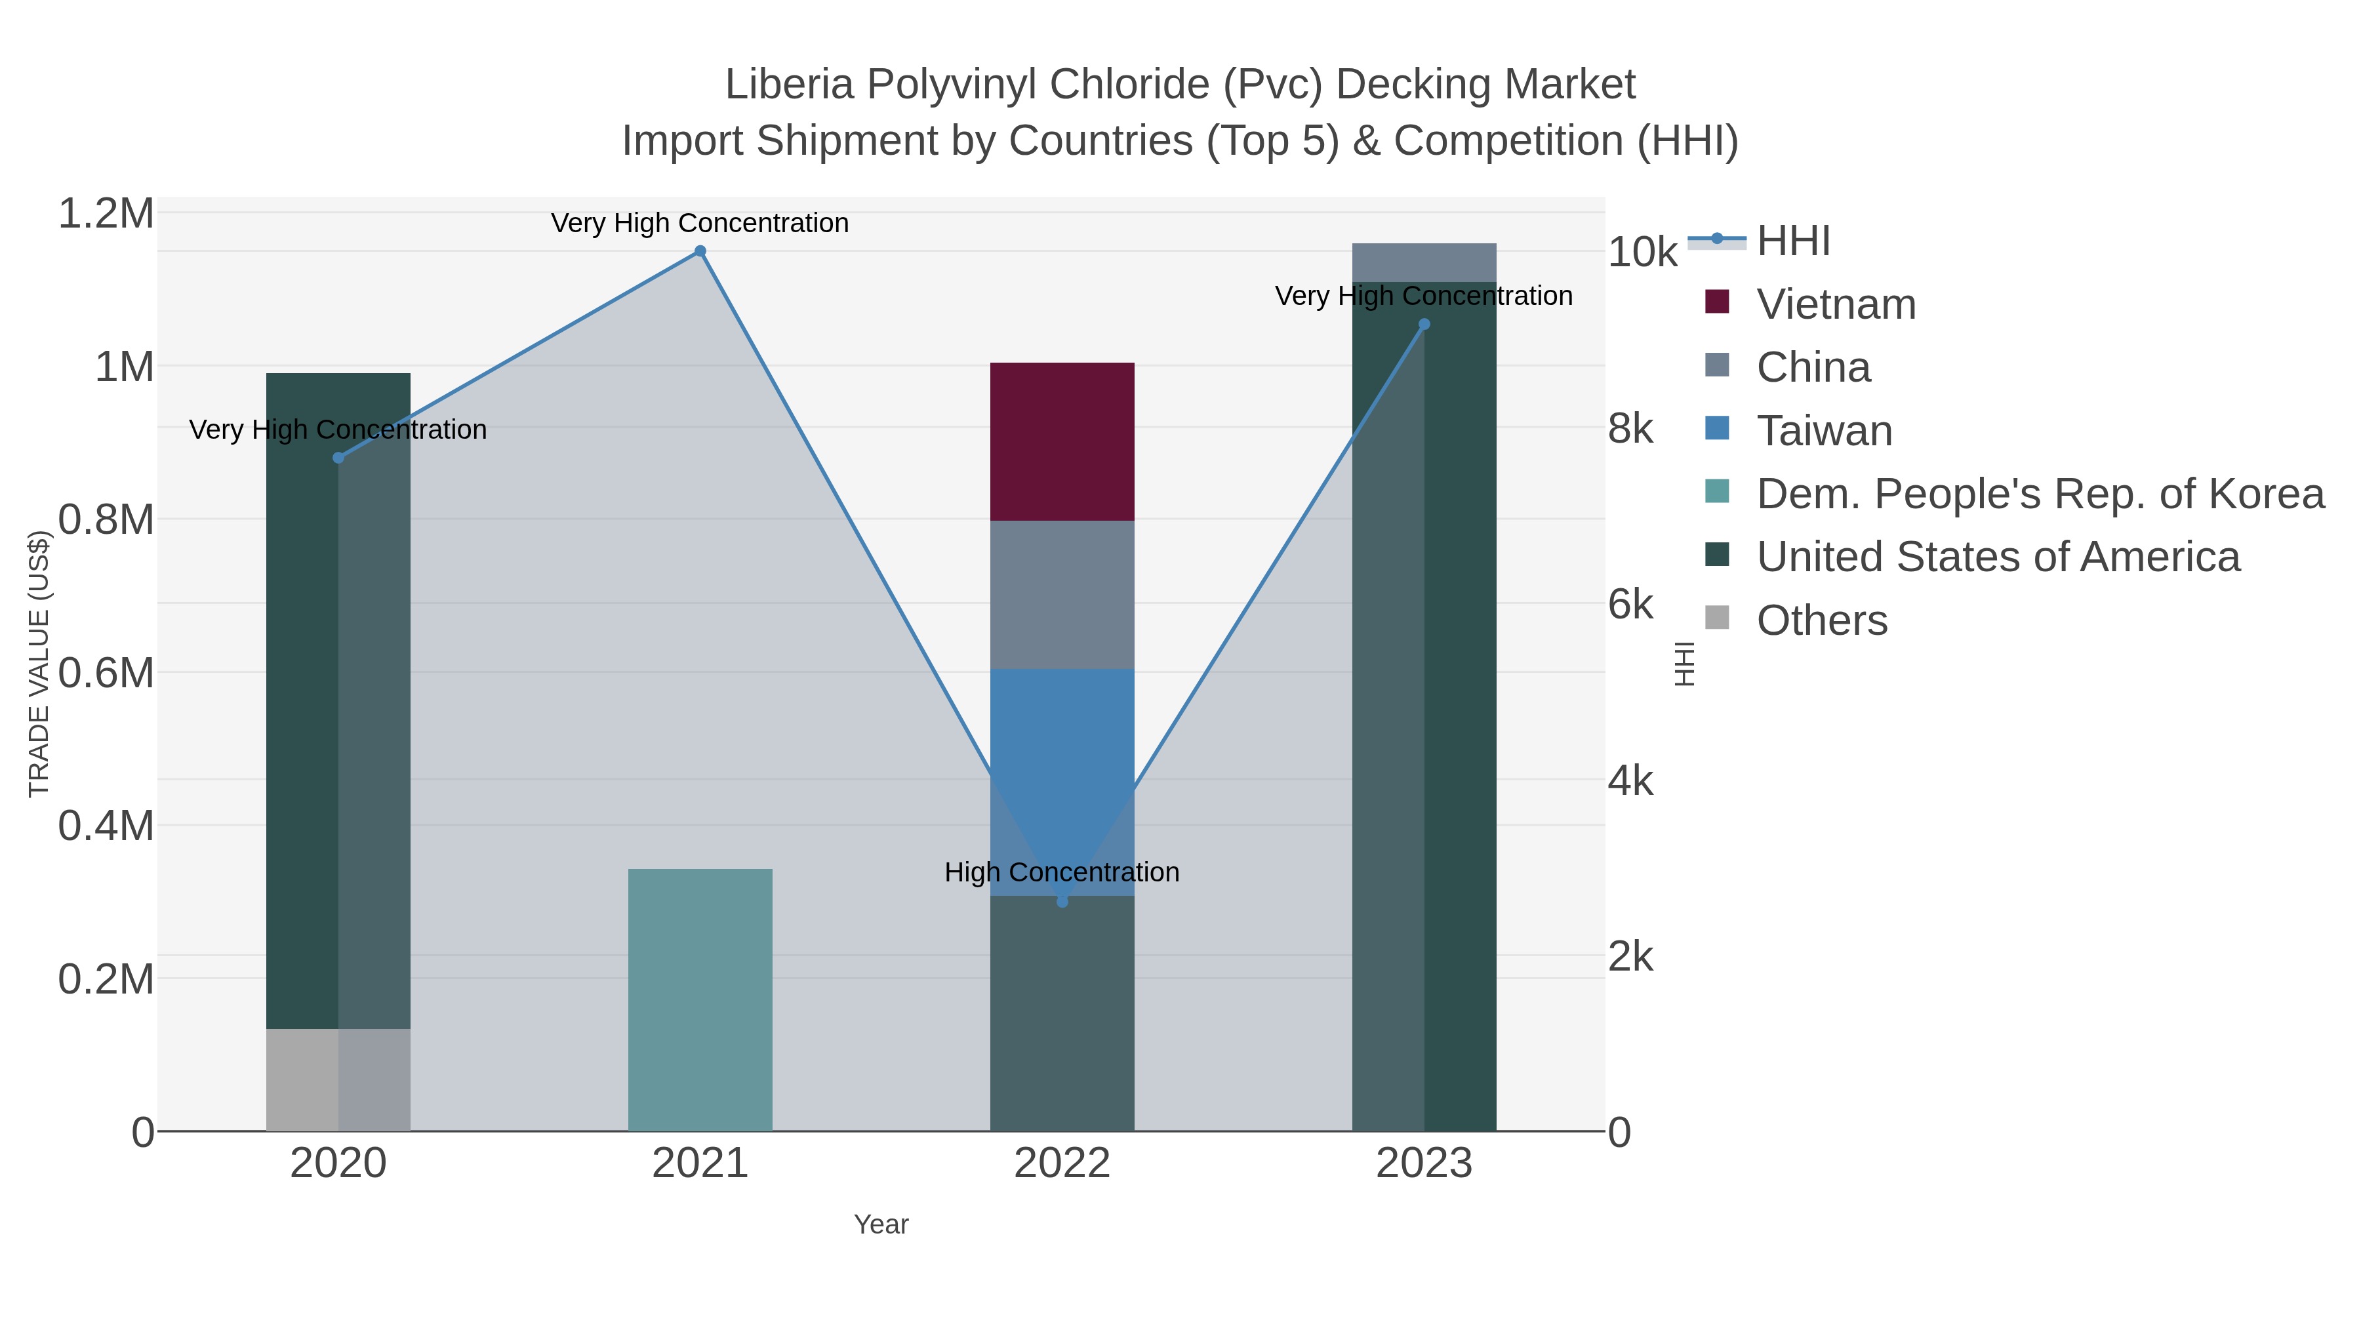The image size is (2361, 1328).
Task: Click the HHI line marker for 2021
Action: [x=700, y=251]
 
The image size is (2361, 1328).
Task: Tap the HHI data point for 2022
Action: [x=1062, y=902]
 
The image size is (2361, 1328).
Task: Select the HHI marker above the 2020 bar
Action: [x=338, y=457]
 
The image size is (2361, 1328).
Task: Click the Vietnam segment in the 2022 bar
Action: [x=1062, y=442]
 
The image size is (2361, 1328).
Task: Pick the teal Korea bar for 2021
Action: [x=700, y=999]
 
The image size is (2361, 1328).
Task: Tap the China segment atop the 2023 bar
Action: [x=1424, y=263]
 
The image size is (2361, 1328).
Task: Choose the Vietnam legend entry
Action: [x=1835, y=304]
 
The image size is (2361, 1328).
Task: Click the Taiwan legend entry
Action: [x=1824, y=431]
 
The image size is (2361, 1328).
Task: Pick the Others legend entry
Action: [x=1821, y=620]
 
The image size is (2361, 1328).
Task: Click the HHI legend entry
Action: [x=1793, y=241]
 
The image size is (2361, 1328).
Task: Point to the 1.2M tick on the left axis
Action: [x=106, y=214]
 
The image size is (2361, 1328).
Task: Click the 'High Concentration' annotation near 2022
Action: [x=1062, y=872]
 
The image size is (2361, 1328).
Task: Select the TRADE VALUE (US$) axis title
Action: [x=39, y=664]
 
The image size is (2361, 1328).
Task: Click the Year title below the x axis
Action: [x=881, y=1224]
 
